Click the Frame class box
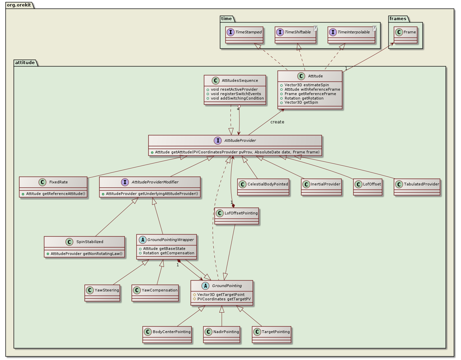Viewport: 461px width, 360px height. pyautogui.click(x=405, y=35)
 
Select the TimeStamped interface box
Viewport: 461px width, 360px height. pyautogui.click(x=244, y=35)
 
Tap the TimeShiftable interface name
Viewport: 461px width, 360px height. pyautogui.click(x=298, y=32)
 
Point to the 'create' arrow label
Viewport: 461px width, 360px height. pyautogui.click(x=277, y=122)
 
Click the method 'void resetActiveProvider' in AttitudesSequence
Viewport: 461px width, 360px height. pyautogui.click(x=234, y=89)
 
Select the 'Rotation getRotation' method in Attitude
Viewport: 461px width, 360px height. pyautogui.click(x=304, y=98)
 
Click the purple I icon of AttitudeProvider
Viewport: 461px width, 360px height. pyautogui.click(x=218, y=140)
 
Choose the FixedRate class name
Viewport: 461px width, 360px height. pyautogui.click(x=59, y=182)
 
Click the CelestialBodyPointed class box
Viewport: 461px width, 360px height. pyautogui.click(x=263, y=187)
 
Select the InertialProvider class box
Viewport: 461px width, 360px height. pyautogui.click(x=321, y=187)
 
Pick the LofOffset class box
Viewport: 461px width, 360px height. pyautogui.click(x=368, y=187)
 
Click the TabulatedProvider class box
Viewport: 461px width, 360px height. pyautogui.click(x=417, y=187)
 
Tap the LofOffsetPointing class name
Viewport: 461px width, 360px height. pyautogui.click(x=241, y=213)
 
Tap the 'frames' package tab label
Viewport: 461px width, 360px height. pyautogui.click(x=398, y=19)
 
